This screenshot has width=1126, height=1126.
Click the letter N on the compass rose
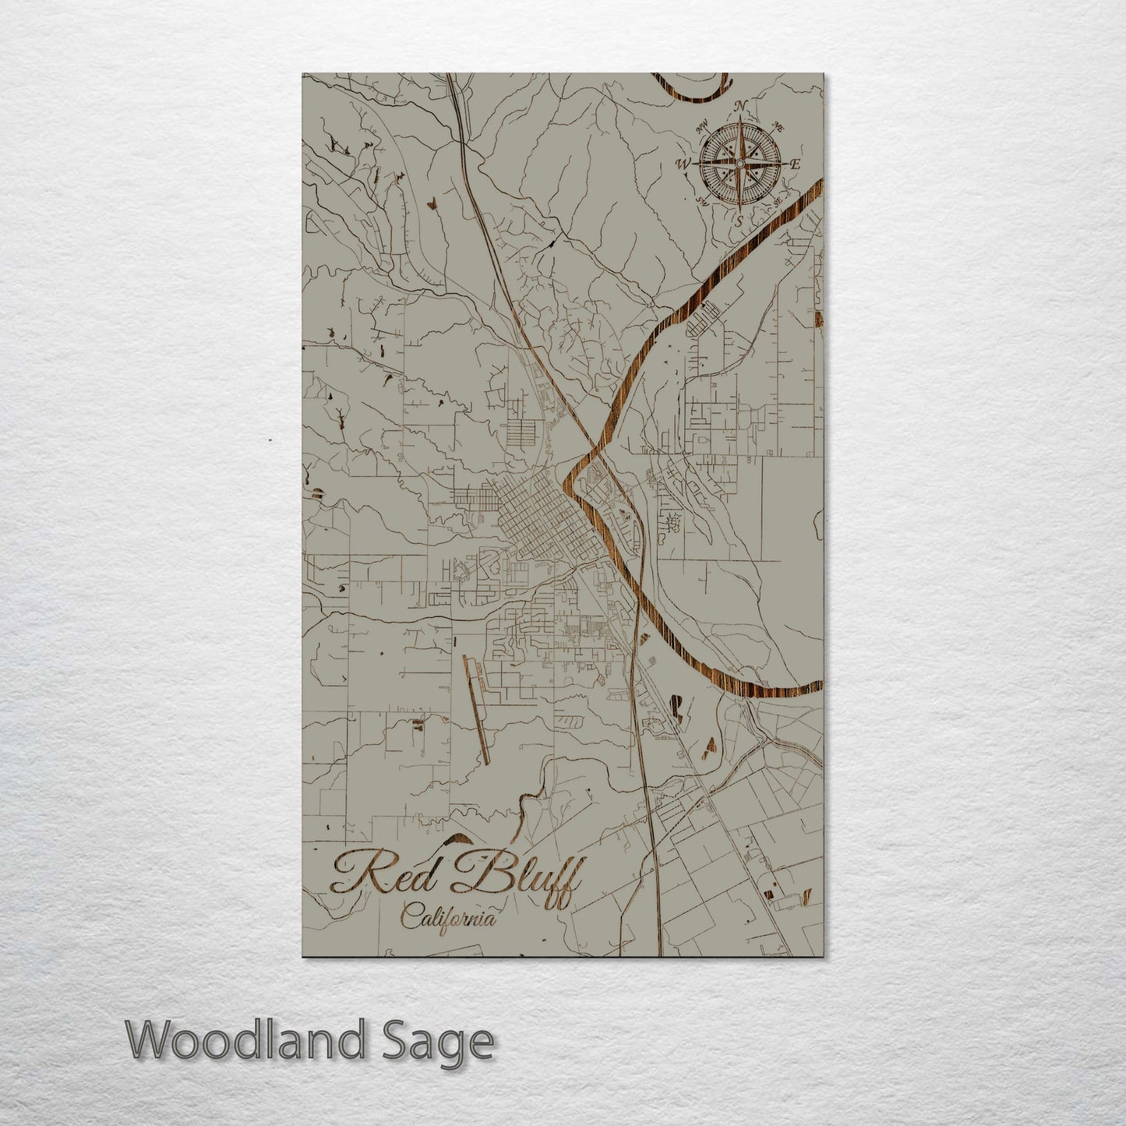[x=742, y=107]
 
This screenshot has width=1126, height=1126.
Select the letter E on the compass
[x=796, y=164]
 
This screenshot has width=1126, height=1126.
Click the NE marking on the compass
[x=777, y=128]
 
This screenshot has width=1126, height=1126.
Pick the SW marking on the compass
[x=701, y=203]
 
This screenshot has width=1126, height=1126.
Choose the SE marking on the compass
[x=778, y=201]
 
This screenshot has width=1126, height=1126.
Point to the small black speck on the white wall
[x=270, y=440]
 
